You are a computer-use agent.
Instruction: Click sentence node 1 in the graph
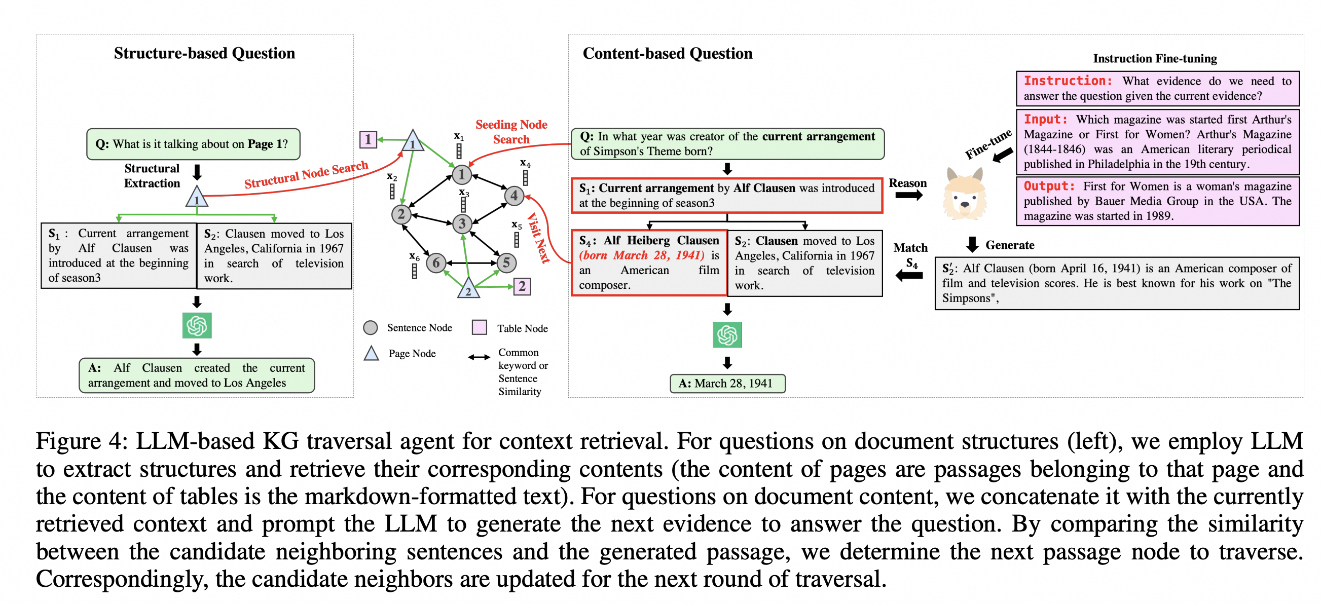click(x=461, y=175)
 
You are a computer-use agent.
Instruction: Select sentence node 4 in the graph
click(x=514, y=196)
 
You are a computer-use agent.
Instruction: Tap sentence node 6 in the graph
click(x=436, y=263)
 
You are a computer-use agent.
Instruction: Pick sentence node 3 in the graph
click(x=462, y=223)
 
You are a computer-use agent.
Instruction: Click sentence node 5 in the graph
click(x=506, y=262)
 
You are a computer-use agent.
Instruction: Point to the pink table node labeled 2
click(x=522, y=286)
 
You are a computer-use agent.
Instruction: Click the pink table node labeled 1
click(x=368, y=139)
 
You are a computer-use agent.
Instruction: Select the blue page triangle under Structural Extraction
click(x=196, y=198)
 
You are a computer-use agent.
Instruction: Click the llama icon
click(x=964, y=195)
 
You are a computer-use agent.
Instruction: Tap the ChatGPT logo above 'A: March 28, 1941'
click(x=727, y=335)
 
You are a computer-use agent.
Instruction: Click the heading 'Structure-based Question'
click(x=204, y=53)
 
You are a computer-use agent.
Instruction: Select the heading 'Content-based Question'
click(x=667, y=53)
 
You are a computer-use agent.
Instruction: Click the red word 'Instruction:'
click(x=1068, y=81)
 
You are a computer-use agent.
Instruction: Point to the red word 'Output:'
click(x=1049, y=186)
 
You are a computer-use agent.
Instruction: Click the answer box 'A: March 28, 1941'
click(x=727, y=383)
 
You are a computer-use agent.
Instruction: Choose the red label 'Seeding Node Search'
click(x=511, y=132)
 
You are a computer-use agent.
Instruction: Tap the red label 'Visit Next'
click(x=538, y=238)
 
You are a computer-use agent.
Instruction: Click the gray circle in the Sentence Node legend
click(x=370, y=328)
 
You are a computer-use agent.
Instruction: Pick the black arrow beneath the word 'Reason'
click(x=909, y=196)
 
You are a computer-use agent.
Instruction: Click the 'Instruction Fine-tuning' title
click(x=1155, y=58)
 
